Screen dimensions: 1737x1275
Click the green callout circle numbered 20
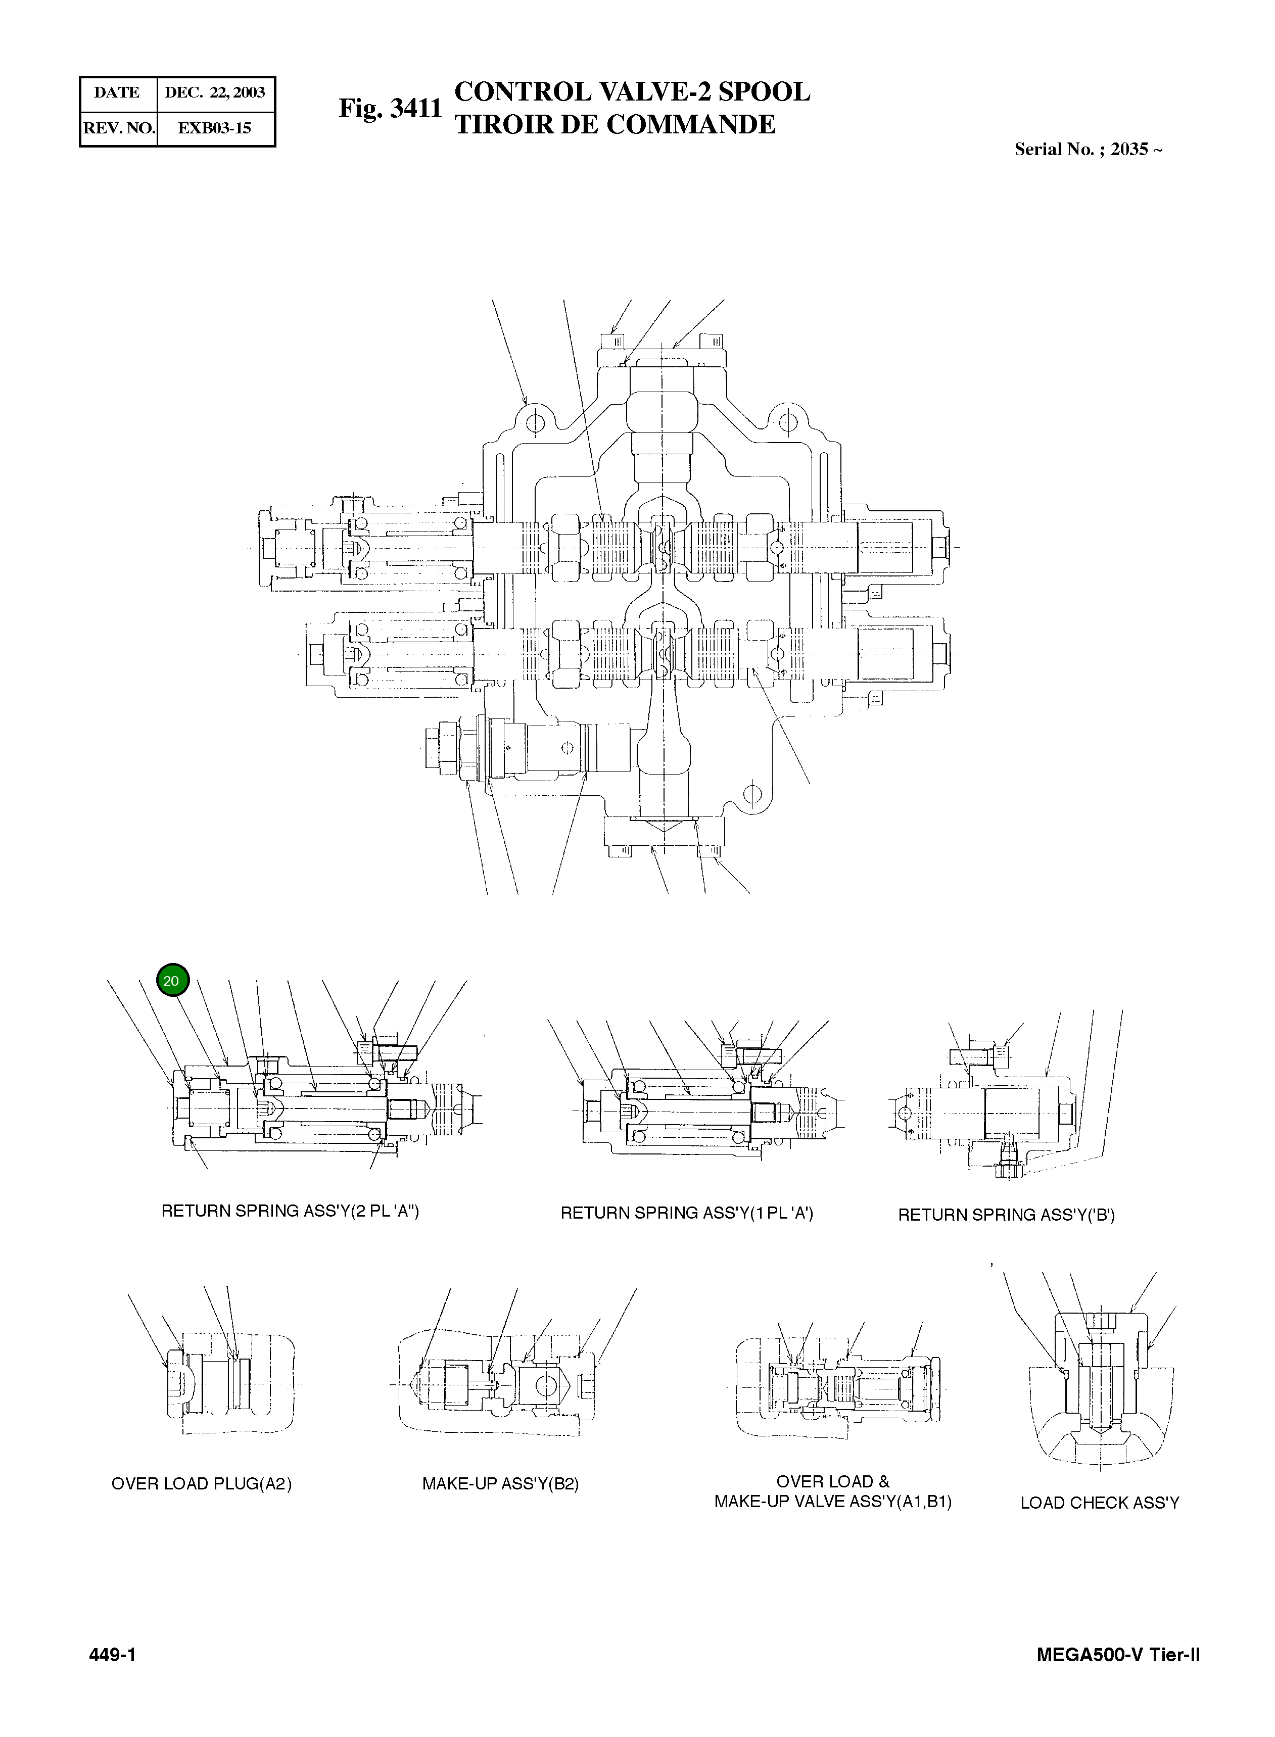171,981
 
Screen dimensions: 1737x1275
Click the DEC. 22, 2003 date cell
215,92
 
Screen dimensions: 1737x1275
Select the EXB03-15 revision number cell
215,128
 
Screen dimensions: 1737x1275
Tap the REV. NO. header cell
119,128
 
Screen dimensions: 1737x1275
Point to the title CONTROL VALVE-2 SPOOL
632,92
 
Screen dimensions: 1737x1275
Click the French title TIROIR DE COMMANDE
615,125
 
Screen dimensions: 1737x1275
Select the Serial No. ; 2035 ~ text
1088,150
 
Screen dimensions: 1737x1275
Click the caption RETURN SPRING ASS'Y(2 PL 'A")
290,1211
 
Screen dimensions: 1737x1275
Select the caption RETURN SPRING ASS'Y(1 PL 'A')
686,1213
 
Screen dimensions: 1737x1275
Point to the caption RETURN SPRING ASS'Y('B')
1006,1216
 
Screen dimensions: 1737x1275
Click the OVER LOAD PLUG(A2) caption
202,1484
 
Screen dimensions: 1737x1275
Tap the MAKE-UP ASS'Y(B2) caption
500,1484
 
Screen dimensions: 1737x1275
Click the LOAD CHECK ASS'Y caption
1099,1503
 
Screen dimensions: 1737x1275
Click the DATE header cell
117,92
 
